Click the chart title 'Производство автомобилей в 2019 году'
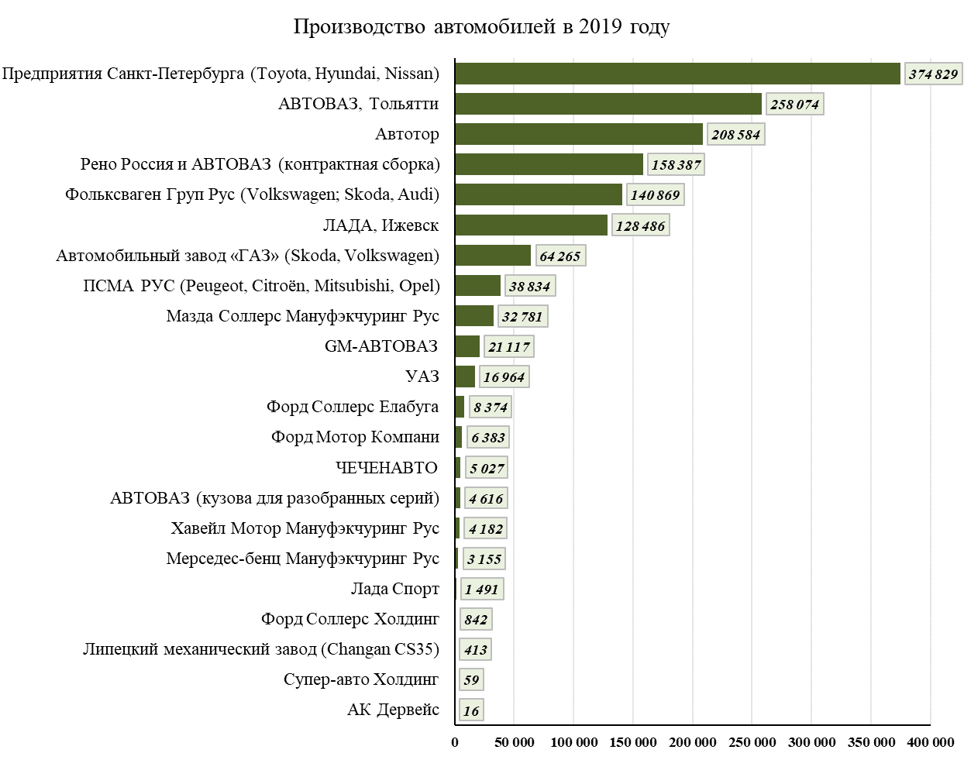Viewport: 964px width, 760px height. click(x=481, y=27)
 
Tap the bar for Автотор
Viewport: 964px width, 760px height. click(x=579, y=134)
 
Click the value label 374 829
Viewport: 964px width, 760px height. click(x=933, y=74)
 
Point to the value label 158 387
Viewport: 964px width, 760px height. click(x=676, y=165)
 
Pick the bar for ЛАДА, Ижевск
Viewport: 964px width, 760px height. click(x=531, y=225)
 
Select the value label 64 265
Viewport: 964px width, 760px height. click(x=559, y=256)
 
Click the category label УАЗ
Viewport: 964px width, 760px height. click(x=422, y=377)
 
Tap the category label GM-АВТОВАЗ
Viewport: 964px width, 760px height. click(x=381, y=346)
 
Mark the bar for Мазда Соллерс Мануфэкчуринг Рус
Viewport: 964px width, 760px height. click(x=474, y=316)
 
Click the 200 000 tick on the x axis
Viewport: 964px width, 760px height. click(x=693, y=742)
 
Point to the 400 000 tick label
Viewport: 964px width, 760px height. click(x=930, y=742)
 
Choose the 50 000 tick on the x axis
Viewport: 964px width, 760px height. click(x=515, y=742)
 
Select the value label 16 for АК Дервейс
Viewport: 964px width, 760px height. click(x=471, y=711)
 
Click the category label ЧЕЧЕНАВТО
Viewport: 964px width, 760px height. click(x=387, y=468)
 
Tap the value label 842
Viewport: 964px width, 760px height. click(x=476, y=620)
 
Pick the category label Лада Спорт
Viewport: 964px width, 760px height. click(x=395, y=589)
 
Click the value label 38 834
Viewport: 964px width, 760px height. click(x=529, y=287)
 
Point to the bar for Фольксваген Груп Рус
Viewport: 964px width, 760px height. click(x=539, y=194)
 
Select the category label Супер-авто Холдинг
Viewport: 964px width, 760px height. click(x=361, y=679)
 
